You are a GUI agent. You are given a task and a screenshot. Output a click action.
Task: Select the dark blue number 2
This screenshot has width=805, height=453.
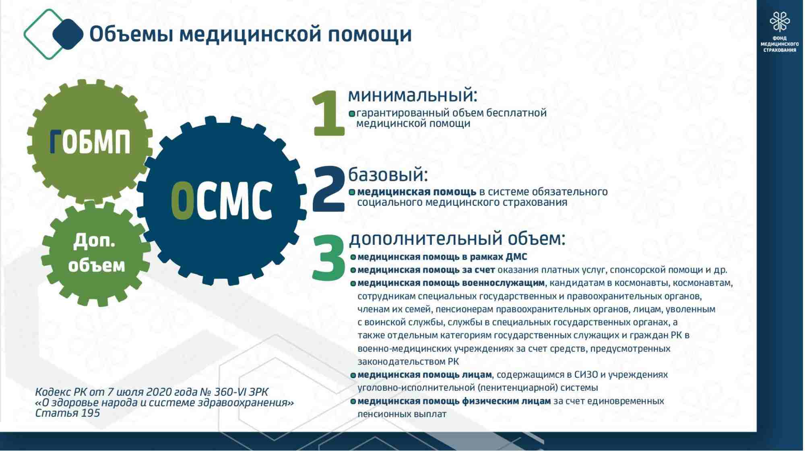point(328,189)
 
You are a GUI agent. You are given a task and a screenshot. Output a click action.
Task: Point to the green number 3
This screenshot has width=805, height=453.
point(328,258)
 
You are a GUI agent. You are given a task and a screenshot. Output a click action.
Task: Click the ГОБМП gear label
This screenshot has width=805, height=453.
point(90,142)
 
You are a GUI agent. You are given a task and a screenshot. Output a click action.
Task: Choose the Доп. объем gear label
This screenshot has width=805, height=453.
point(96,253)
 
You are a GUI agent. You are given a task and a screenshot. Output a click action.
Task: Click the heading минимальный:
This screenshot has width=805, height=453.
point(413,95)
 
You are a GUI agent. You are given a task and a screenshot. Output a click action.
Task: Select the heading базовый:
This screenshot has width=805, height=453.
point(388,175)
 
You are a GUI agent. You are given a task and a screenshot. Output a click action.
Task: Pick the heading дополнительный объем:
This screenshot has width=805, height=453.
point(457,238)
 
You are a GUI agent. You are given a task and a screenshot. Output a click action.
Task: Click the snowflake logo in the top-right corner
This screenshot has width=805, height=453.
point(780,21)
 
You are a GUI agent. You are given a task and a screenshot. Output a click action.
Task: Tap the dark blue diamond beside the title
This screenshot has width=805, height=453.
point(68,34)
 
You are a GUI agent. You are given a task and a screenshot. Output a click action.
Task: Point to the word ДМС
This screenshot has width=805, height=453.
point(516,257)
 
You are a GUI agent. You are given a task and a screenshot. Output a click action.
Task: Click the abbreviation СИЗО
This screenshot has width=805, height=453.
point(586,375)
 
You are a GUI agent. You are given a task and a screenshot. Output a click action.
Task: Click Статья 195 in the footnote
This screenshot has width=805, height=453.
point(68,413)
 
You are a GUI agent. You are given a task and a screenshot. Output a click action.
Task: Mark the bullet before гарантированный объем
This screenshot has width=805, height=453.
point(352,114)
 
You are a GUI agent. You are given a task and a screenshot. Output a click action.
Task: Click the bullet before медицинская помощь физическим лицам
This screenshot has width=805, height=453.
point(353,402)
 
